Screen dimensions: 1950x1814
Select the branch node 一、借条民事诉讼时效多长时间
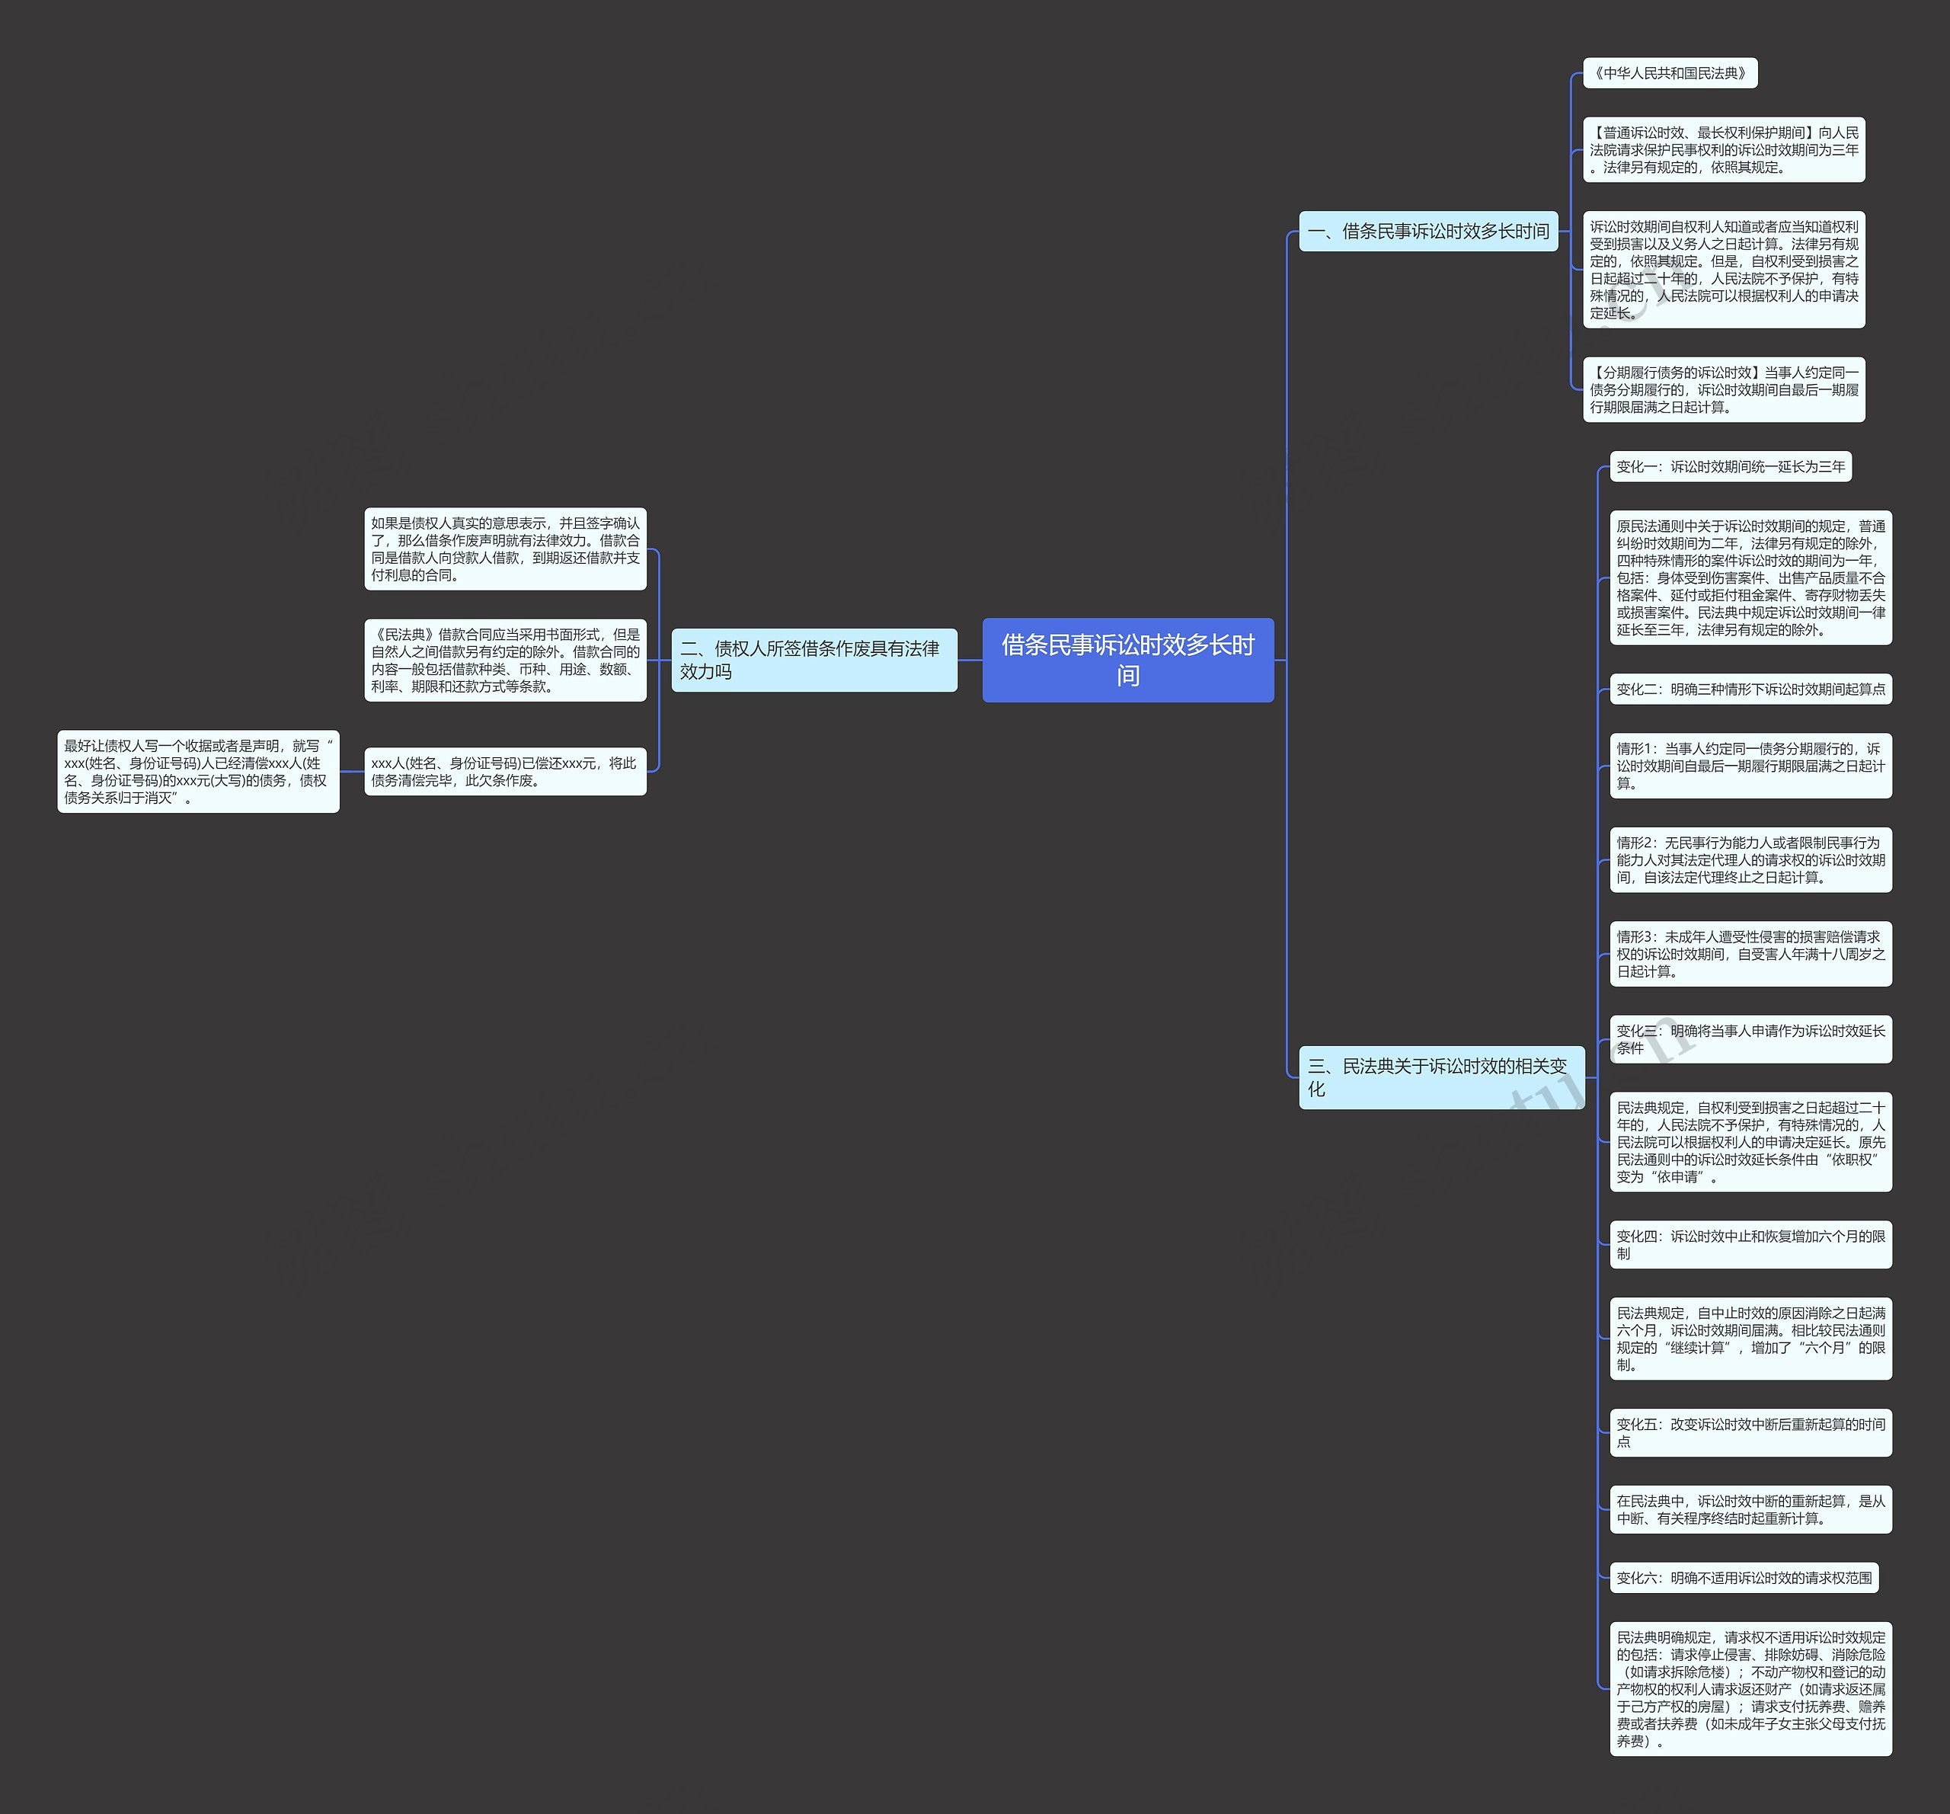[x=1427, y=232]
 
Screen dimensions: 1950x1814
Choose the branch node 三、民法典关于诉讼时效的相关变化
[x=1440, y=1077]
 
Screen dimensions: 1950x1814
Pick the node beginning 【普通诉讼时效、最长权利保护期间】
[x=1724, y=150]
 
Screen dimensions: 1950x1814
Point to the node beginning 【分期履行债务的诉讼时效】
[x=1724, y=389]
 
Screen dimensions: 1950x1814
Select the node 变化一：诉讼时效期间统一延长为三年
[x=1731, y=467]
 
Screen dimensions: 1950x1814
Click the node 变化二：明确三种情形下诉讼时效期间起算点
[x=1750, y=689]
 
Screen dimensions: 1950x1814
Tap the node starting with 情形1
[x=1750, y=765]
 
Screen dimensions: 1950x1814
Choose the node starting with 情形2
[x=1750, y=859]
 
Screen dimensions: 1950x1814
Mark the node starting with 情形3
[x=1750, y=954]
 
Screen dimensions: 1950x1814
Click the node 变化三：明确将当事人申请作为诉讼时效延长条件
[x=1750, y=1039]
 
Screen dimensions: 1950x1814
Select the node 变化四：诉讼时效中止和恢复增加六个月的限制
[x=1750, y=1244]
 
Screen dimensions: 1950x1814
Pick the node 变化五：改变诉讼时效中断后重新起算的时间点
[x=1750, y=1432]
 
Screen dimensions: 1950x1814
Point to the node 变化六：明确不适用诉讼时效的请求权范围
[x=1743, y=1578]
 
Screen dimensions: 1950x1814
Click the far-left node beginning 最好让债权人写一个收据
[x=198, y=771]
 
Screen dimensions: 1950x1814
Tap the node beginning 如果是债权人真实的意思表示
[x=505, y=549]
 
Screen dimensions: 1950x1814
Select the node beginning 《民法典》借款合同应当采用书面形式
[x=505, y=659]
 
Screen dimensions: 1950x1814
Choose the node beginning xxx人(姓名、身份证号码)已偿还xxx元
[x=505, y=771]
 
